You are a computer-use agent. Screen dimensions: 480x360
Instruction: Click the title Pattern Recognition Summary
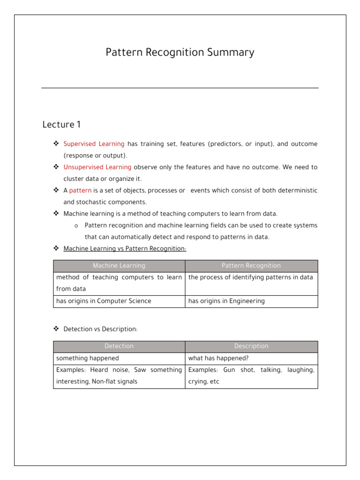[180, 52]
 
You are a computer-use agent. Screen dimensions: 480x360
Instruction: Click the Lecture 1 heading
[61, 125]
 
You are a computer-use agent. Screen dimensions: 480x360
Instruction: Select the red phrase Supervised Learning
[94, 144]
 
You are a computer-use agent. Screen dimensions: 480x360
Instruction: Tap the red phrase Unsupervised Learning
[97, 167]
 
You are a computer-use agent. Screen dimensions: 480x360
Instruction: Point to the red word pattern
[80, 191]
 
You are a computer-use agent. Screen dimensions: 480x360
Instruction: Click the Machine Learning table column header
[119, 266]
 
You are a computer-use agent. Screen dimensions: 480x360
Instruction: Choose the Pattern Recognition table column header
[251, 266]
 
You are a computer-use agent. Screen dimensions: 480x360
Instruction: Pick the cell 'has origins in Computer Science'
[104, 301]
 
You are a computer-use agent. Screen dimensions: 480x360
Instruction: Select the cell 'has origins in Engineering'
[226, 301]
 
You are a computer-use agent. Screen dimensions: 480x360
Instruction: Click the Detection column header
[119, 346]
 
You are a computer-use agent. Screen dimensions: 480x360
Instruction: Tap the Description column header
[251, 346]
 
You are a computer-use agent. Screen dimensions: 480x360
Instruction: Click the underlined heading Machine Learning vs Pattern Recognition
[125, 248]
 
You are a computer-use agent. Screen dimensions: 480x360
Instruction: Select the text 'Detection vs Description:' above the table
[100, 329]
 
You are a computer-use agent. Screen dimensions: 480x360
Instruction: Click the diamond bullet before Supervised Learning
[56, 144]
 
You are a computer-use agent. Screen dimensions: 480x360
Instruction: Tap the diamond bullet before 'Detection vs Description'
[56, 329]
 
